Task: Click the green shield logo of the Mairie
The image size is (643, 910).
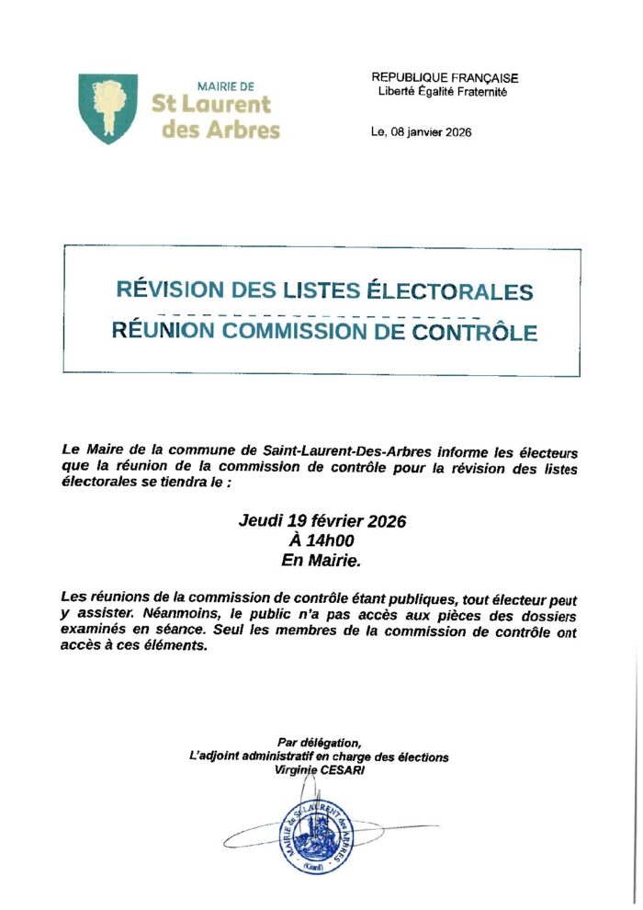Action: coord(108,108)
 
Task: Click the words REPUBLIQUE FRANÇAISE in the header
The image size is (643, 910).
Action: coord(445,79)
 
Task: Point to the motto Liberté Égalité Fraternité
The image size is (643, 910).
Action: coord(442,92)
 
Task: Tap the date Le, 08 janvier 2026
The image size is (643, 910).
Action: coord(421,132)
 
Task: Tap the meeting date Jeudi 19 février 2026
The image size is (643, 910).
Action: coord(321,521)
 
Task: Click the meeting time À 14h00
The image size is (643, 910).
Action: coord(321,540)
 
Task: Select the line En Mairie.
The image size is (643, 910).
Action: coord(321,559)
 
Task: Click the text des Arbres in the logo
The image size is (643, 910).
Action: coord(220,130)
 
